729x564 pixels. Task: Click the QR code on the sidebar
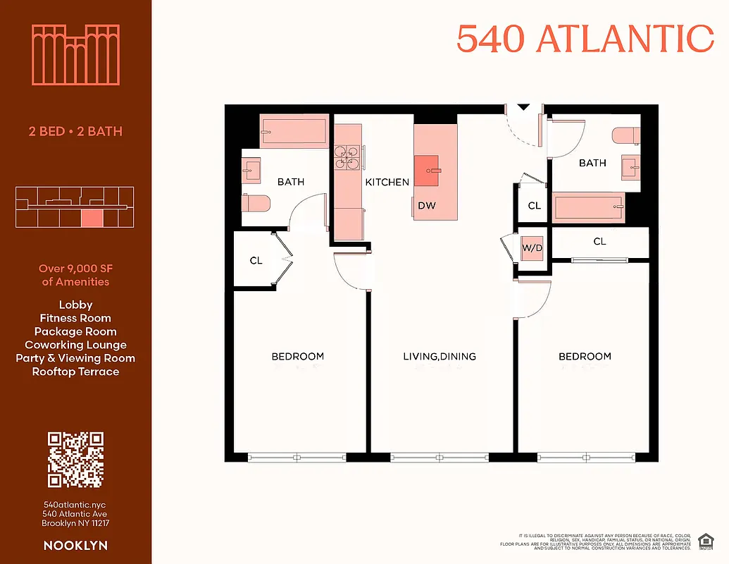click(75, 460)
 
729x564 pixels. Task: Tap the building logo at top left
click(75, 55)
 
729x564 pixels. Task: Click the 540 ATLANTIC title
click(585, 38)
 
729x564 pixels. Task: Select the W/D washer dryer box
click(532, 248)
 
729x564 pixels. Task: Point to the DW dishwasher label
click(426, 206)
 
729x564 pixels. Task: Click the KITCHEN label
click(387, 182)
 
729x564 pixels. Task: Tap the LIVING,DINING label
click(439, 357)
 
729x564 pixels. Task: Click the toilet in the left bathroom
click(256, 203)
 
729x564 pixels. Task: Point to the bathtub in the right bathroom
click(589, 207)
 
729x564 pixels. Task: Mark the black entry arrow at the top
click(523, 107)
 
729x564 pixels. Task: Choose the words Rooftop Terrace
click(75, 372)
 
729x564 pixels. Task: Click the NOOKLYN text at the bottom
click(75, 546)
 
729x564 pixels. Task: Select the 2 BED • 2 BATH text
click(75, 131)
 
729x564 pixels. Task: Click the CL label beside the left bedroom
click(256, 261)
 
